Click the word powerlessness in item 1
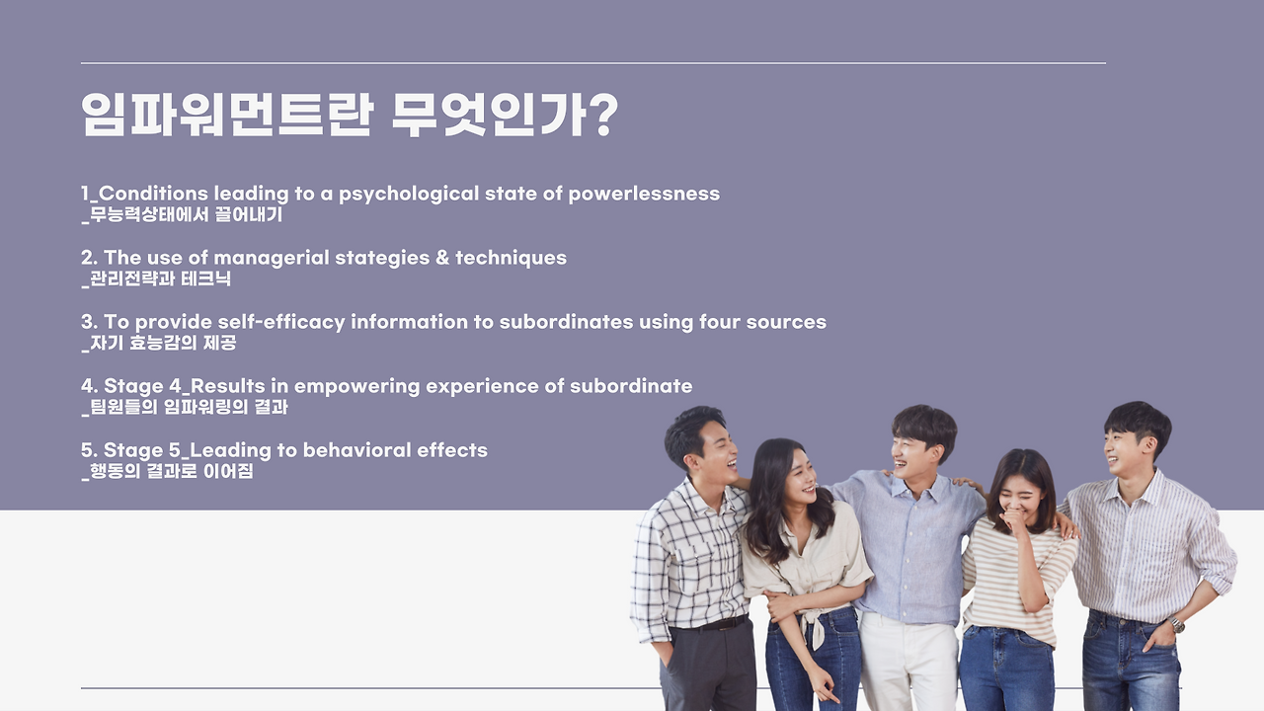point(644,195)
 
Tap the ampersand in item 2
point(442,258)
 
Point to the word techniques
point(511,258)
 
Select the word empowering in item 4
point(356,386)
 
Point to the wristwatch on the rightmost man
point(1176,625)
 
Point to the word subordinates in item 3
point(566,322)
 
